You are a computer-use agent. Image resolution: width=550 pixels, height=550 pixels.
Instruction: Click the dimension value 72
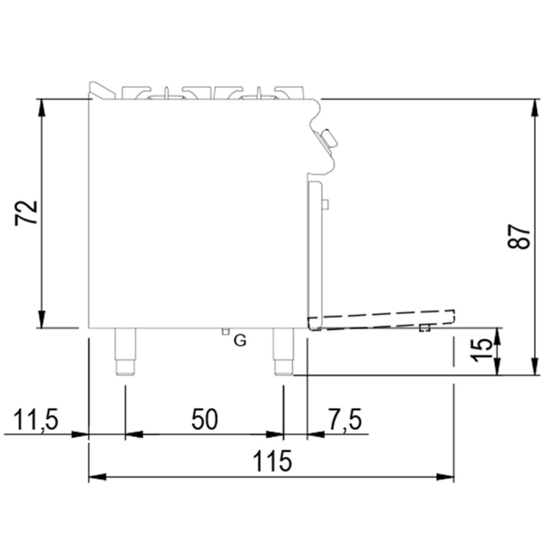pos(26,213)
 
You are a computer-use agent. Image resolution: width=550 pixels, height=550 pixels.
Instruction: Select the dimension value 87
pos(519,237)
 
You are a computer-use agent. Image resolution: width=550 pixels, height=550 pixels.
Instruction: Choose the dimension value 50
pos(205,419)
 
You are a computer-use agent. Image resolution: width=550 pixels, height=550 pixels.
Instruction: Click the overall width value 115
pos(272,460)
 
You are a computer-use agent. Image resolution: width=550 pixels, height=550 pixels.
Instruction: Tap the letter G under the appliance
pos(240,340)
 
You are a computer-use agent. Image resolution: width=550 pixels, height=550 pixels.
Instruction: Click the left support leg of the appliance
pos(125,351)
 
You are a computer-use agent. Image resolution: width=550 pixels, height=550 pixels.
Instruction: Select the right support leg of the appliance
pos(284,351)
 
